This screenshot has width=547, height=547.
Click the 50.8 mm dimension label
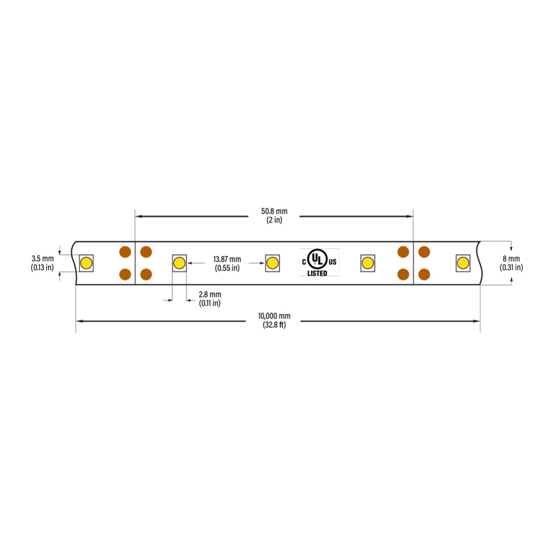click(x=274, y=211)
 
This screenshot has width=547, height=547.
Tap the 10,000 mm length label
click(x=274, y=316)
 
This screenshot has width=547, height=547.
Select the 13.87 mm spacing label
click(x=227, y=259)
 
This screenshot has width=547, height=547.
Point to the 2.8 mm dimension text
click(x=210, y=294)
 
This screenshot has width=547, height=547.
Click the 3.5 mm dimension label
click(x=43, y=259)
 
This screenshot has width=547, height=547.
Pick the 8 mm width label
click(x=511, y=259)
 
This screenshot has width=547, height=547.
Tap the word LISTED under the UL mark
click(x=317, y=273)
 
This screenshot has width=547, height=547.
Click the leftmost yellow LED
click(x=86, y=263)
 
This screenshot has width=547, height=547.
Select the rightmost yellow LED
click(x=463, y=263)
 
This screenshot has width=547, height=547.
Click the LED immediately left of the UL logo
click(x=272, y=263)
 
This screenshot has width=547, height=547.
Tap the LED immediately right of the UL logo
click(x=368, y=263)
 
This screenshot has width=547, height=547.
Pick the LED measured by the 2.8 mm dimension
click(x=179, y=263)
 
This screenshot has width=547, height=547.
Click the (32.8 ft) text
click(x=274, y=325)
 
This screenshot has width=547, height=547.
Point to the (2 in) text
click(x=274, y=220)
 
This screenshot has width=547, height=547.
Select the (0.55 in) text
click(x=227, y=268)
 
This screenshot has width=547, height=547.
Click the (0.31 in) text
click(x=511, y=267)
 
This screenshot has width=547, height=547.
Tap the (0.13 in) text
click(x=42, y=267)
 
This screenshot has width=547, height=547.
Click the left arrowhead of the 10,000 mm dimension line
click(x=79, y=321)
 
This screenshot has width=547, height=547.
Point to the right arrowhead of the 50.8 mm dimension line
click(x=410, y=216)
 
